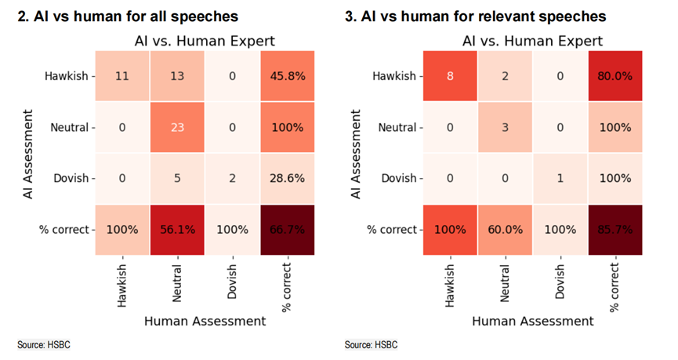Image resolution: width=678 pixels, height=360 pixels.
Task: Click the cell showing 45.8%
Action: click(287, 77)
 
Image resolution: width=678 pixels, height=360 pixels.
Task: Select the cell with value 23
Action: click(177, 128)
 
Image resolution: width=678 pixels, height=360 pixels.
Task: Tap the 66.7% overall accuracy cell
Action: click(287, 230)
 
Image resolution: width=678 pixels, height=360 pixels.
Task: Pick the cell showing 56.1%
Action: click(177, 230)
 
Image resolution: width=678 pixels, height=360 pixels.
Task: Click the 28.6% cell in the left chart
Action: click(287, 179)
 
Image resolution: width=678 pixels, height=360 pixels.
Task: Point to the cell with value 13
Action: click(177, 77)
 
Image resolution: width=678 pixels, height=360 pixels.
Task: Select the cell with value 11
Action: click(122, 77)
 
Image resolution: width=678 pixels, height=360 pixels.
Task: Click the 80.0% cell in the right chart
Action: click(615, 77)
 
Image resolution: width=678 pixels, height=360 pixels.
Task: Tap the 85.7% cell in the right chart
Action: click(615, 230)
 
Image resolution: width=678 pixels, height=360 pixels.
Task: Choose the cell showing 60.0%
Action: click(505, 230)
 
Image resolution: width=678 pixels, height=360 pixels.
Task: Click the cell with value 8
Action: click(450, 77)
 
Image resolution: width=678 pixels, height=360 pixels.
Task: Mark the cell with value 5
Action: click(177, 179)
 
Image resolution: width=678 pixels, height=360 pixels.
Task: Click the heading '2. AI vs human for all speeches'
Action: click(128, 16)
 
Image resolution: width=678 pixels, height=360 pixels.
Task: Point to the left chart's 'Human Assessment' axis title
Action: click(205, 320)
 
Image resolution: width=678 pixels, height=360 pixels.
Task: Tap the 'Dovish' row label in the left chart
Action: click(71, 179)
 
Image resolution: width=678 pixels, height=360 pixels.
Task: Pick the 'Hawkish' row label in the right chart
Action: click(396, 77)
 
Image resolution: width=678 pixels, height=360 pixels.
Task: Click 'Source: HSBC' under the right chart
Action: click(371, 345)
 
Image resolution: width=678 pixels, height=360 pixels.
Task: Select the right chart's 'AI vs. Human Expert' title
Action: click(532, 41)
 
